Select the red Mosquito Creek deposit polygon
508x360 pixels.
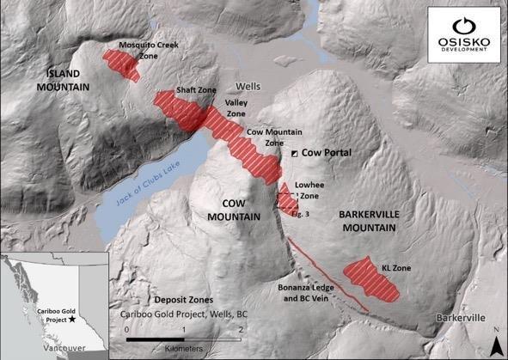coord(120,64)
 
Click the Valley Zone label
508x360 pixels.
coord(236,107)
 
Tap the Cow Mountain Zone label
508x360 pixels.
coord(265,137)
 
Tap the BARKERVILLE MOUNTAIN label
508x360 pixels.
coord(366,221)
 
